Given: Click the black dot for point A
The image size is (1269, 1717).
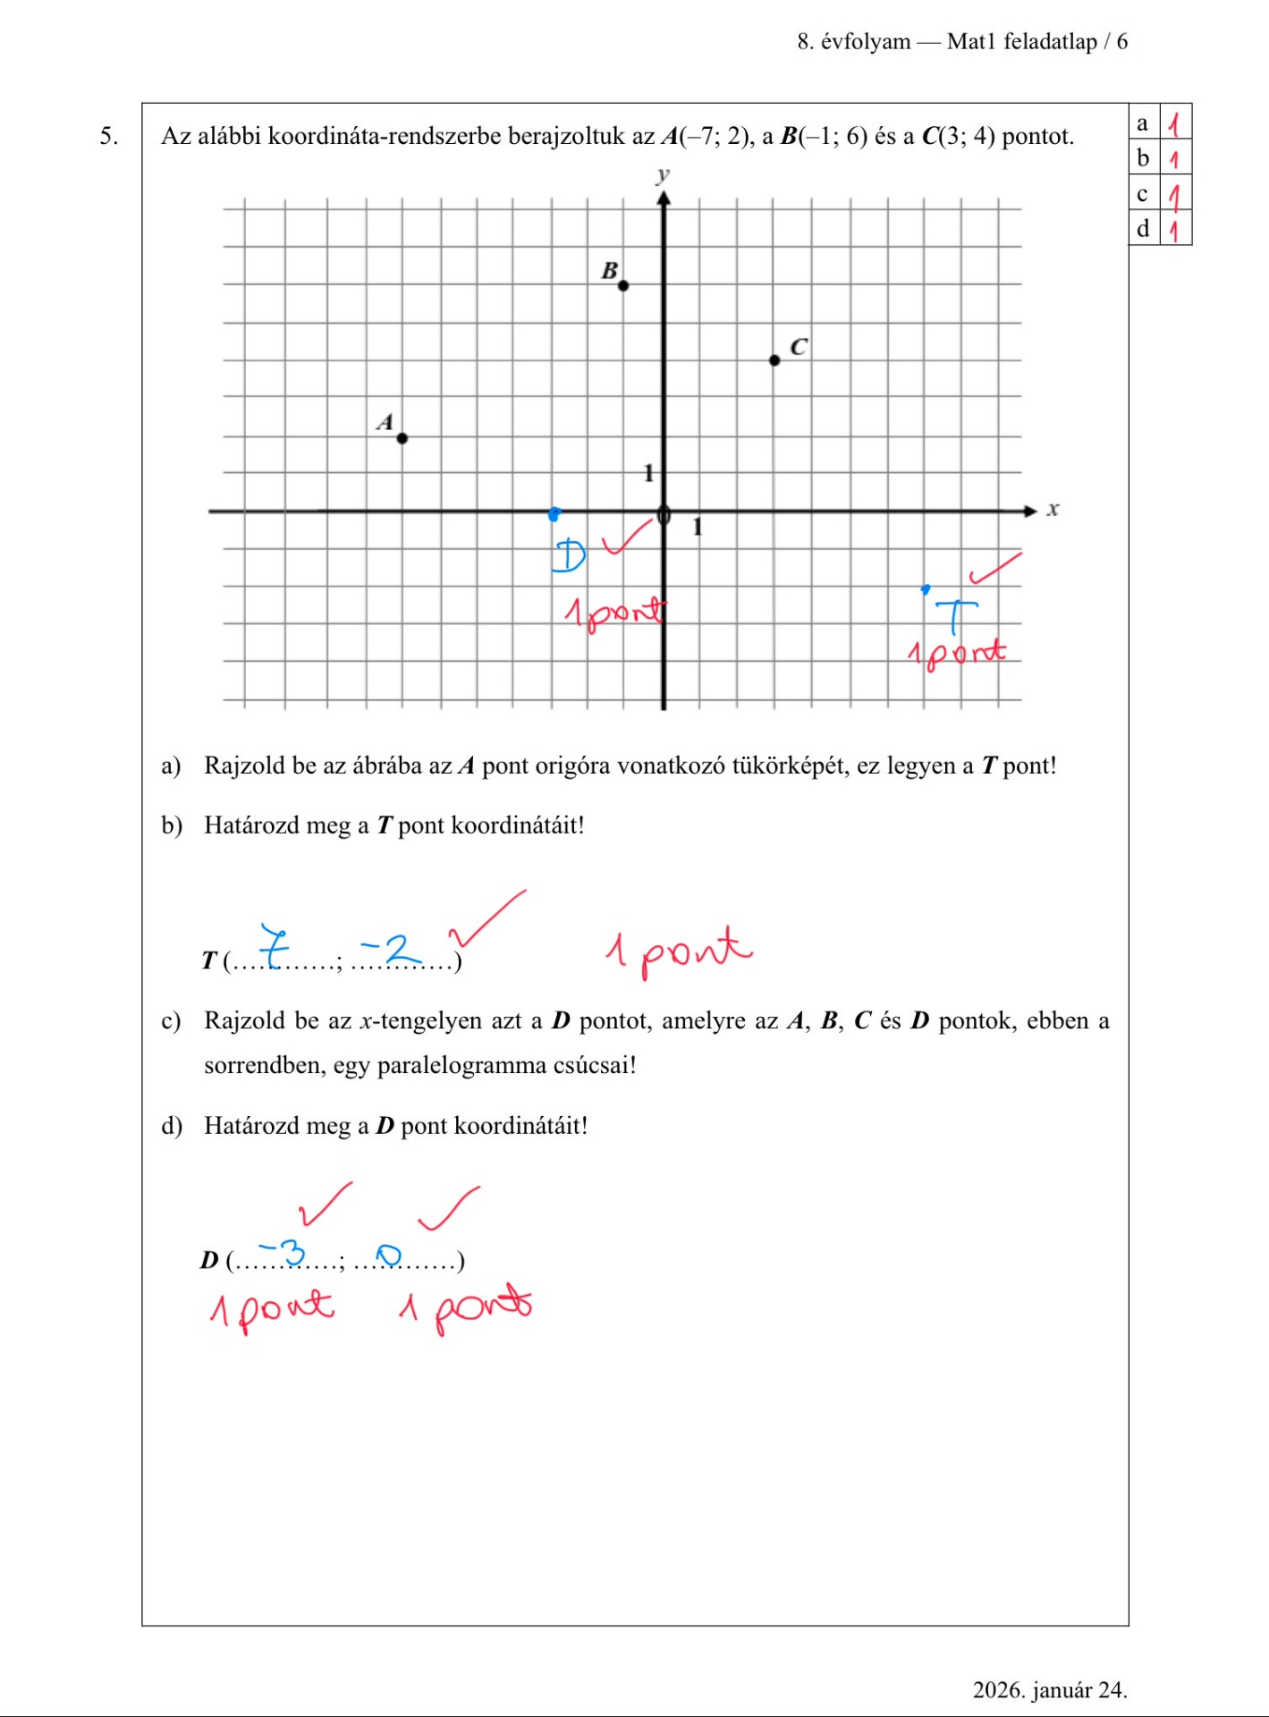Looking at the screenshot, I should [402, 438].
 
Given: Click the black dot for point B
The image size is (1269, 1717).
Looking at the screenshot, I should [623, 285].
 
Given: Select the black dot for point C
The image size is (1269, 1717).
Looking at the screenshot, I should [774, 360].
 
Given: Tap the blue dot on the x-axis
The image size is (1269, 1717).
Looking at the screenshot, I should [554, 513].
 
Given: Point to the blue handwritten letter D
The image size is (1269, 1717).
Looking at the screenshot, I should [568, 555].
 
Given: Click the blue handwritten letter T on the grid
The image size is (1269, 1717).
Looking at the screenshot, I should [956, 617].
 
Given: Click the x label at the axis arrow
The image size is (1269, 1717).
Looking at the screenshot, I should [1053, 510].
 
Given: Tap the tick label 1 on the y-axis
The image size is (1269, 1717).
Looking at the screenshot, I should [649, 473].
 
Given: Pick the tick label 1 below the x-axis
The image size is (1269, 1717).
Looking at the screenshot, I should [698, 528].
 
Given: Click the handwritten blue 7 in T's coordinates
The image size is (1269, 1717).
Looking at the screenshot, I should [275, 946].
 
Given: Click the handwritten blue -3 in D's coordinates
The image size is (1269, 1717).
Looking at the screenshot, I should [283, 1251].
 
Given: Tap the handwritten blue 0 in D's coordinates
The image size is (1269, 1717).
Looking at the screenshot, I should [389, 1256].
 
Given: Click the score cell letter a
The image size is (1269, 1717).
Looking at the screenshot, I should [1143, 123].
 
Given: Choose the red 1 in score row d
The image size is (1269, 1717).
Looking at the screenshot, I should [1175, 230].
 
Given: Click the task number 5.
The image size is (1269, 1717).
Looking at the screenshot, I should [108, 136].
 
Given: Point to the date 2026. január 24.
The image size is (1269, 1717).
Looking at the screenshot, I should [1049, 1690].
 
